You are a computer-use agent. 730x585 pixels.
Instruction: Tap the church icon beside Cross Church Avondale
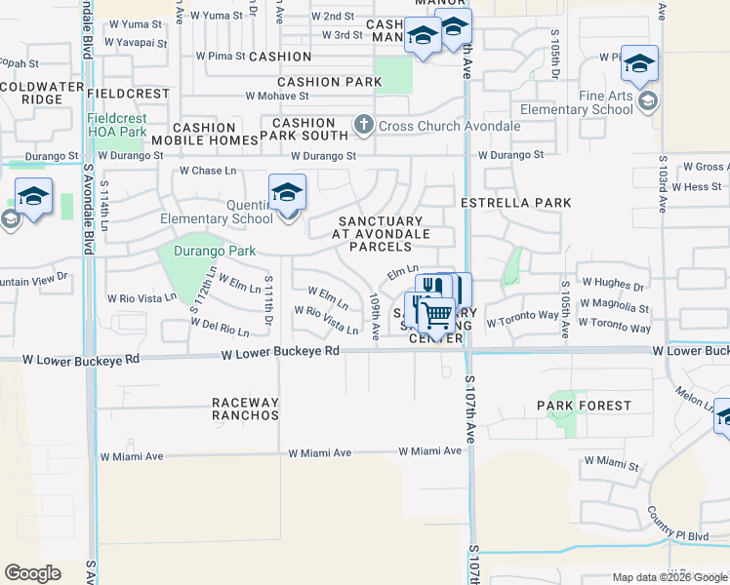click(364, 124)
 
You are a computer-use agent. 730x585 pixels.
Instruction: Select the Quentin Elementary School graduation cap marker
click(288, 193)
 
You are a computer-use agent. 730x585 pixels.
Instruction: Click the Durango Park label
click(214, 251)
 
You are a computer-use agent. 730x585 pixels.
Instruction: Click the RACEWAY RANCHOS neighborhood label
click(246, 409)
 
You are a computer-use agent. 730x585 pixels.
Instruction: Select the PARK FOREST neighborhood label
click(584, 405)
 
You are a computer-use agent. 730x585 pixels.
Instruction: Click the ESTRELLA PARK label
click(515, 203)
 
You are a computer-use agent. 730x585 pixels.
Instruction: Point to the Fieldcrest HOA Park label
click(116, 125)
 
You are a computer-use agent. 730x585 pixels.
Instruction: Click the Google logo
click(32, 573)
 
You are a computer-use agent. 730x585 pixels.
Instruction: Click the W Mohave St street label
click(277, 96)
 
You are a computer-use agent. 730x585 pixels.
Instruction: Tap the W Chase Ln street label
click(208, 171)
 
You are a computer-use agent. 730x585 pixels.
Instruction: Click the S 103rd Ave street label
click(662, 184)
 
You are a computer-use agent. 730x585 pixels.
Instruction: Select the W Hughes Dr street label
click(614, 287)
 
